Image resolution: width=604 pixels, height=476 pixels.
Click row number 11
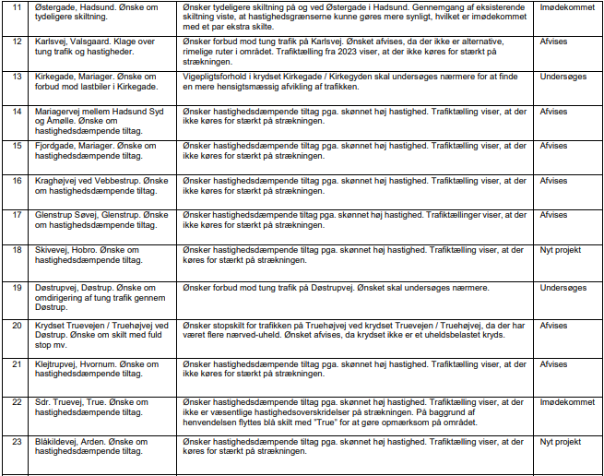(x=17, y=7)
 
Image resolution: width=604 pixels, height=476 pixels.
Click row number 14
(x=17, y=111)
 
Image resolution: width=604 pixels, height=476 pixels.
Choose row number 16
(x=17, y=180)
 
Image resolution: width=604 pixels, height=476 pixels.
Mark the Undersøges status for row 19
(x=563, y=288)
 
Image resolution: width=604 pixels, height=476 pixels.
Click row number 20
(x=17, y=326)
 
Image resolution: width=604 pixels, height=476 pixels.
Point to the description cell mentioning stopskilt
(x=356, y=330)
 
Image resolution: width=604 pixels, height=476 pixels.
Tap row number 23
(x=17, y=442)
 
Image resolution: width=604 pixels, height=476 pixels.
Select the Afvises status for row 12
(x=553, y=42)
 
